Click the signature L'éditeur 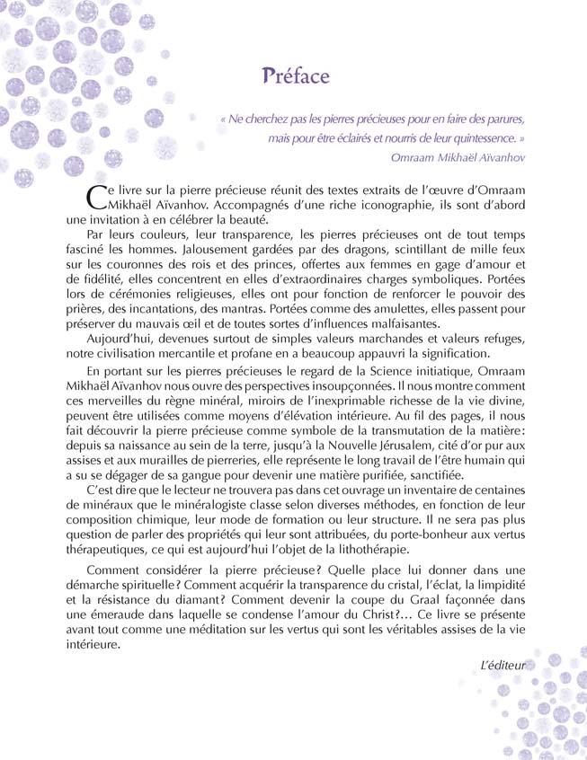coord(503,666)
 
